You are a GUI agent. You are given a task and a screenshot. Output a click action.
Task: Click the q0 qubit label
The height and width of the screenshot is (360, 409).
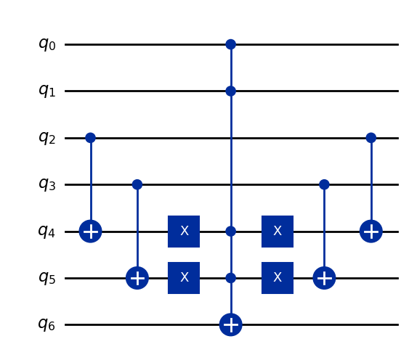coord(47,44)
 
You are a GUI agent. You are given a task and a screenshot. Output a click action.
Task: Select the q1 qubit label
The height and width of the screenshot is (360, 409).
coord(47,91)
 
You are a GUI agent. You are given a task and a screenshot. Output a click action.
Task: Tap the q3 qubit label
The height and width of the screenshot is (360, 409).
coord(47,184)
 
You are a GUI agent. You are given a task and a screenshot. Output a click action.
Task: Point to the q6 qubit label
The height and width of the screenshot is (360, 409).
coord(47,324)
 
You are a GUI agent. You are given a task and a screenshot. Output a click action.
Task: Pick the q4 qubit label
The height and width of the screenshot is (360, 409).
coord(47,232)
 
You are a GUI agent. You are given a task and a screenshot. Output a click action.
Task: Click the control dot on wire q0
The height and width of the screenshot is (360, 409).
coord(231,44)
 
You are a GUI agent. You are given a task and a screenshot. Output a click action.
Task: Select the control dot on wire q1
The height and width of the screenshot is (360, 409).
coord(231,91)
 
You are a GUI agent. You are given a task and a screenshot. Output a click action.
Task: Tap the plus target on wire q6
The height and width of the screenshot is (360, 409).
coord(231,324)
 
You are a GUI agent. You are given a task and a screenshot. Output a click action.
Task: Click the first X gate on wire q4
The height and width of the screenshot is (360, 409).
coord(184,232)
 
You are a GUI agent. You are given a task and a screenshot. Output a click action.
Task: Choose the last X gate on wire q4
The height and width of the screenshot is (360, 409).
coord(278,232)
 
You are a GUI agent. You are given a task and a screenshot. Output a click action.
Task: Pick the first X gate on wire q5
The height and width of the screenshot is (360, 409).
coord(184,278)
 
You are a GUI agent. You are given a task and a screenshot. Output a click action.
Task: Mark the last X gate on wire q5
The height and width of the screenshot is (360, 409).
coord(278,278)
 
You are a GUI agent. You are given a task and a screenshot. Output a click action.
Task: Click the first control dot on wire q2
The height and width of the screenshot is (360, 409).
coord(90,138)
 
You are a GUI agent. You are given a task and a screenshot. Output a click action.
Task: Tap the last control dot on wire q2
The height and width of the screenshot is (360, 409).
coord(371,138)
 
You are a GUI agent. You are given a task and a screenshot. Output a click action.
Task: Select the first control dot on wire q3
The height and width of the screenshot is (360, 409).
coord(137,184)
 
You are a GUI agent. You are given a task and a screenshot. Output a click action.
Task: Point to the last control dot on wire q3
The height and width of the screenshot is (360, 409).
coord(324,184)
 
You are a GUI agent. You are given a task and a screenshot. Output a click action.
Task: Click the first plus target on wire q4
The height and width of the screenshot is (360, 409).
coord(90,232)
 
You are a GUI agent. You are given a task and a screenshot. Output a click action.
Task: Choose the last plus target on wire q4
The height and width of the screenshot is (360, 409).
coord(371,232)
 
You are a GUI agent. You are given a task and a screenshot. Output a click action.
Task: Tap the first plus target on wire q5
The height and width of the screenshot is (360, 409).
coord(137,278)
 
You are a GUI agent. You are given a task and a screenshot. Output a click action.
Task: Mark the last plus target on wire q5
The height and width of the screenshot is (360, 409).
coord(324,278)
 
